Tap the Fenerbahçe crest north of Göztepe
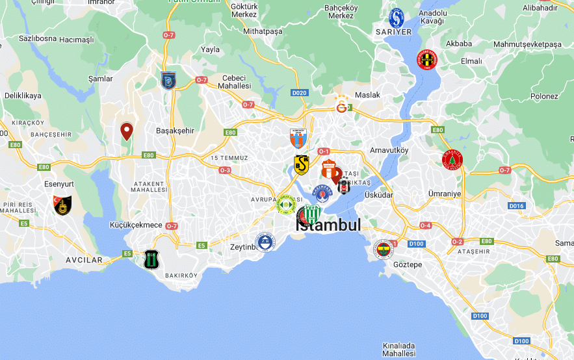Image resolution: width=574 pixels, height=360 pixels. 384,249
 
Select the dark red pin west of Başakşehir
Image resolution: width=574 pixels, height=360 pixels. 127,131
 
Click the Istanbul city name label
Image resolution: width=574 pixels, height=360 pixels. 328,225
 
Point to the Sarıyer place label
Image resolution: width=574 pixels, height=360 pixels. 393,31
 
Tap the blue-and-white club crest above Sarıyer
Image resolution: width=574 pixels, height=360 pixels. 397,17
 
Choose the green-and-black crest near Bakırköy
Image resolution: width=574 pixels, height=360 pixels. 151,259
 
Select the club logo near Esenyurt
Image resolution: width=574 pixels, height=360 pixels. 62,205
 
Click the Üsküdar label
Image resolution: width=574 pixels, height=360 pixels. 379,194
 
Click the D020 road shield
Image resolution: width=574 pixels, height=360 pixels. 299,93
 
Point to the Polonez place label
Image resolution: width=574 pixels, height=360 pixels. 543,96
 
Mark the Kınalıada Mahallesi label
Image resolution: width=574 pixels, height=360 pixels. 399,350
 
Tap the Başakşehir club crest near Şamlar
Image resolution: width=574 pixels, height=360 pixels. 168,80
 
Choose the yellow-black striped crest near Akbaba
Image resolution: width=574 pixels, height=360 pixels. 427,60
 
